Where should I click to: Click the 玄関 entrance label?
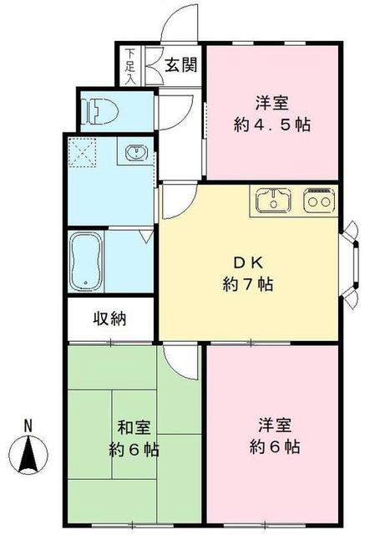coord(180,65)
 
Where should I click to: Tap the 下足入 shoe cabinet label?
coord(131,67)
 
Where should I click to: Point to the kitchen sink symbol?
coord(270,201)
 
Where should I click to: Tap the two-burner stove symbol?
coord(318,201)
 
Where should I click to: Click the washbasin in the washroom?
coord(134,153)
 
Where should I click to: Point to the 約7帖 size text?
coord(248,283)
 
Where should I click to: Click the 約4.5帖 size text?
coord(271,125)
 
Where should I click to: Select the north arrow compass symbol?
coord(28,456)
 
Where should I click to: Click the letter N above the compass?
coord(28,425)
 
